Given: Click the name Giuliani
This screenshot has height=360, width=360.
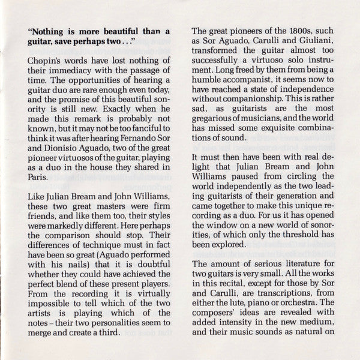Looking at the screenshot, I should pos(308,42).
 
